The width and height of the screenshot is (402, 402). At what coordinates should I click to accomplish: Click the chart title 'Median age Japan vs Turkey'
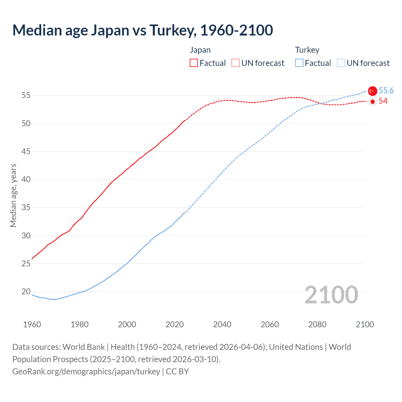(x=143, y=30)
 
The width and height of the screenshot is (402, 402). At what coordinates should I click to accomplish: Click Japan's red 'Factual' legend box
(x=194, y=63)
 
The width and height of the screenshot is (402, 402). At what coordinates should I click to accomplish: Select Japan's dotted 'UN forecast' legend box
(x=236, y=63)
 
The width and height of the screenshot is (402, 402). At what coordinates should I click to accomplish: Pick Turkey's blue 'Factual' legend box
(x=299, y=63)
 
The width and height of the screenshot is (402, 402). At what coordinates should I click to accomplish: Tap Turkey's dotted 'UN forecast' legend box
(x=341, y=63)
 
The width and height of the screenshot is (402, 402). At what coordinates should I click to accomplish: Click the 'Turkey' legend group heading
(x=307, y=50)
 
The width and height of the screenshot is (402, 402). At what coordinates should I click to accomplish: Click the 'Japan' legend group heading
(x=200, y=50)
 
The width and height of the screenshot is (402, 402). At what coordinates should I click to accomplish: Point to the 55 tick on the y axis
(x=26, y=95)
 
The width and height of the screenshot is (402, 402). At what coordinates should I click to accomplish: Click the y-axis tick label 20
(x=26, y=292)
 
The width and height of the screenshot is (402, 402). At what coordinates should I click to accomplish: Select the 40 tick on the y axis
(x=26, y=180)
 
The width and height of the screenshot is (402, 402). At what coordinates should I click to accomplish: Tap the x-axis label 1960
(x=32, y=324)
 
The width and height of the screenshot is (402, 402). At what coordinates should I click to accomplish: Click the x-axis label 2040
(x=222, y=324)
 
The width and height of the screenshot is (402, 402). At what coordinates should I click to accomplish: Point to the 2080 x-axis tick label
(x=317, y=324)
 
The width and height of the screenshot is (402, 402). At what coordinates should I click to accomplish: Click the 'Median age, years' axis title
(x=14, y=195)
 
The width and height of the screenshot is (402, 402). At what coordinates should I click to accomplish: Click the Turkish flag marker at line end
(x=372, y=91)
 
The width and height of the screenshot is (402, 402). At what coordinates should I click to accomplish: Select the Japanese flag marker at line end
(x=372, y=101)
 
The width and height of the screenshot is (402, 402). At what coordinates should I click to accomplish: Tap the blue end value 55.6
(x=386, y=91)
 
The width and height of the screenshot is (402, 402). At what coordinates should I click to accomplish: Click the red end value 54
(x=383, y=101)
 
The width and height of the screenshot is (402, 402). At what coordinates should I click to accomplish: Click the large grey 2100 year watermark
(x=331, y=295)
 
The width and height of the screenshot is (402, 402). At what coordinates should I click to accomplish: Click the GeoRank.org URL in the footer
(x=86, y=372)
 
